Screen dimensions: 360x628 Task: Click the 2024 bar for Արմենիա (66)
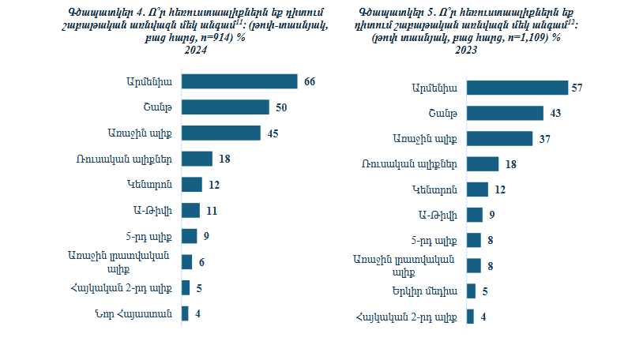pyautogui.click(x=239, y=81)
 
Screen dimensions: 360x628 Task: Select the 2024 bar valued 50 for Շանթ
pyautogui.click(x=225, y=107)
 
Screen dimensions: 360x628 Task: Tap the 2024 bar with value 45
pyautogui.click(x=220, y=133)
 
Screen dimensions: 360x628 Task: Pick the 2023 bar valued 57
pyautogui.click(x=517, y=87)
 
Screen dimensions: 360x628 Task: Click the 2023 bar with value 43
pyautogui.click(x=505, y=113)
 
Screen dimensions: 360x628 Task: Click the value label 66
pyautogui.click(x=310, y=81)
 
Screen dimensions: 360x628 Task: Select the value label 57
pyautogui.click(x=577, y=88)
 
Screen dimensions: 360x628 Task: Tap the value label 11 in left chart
pyautogui.click(x=212, y=210)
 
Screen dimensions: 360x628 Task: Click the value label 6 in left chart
pyautogui.click(x=201, y=262)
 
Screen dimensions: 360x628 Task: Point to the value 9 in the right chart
pyautogui.click(x=491, y=215)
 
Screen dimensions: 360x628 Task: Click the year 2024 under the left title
pyautogui.click(x=196, y=50)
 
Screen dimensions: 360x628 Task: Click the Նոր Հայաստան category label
pyautogui.click(x=139, y=313)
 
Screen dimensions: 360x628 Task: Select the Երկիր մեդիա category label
pyautogui.click(x=428, y=291)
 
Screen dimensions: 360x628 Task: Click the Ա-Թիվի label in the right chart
pyautogui.click(x=436, y=215)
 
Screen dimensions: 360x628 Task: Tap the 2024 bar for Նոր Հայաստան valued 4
pyautogui.click(x=185, y=313)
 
